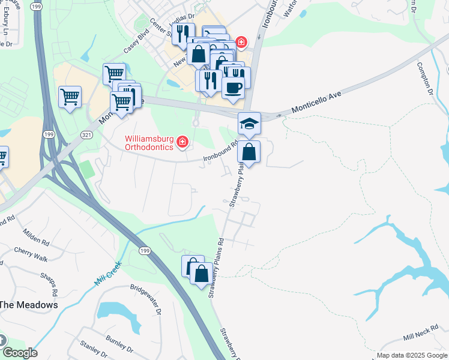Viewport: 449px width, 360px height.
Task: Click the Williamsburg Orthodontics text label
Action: [x=148, y=143]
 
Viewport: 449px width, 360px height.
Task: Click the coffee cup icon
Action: [x=233, y=88]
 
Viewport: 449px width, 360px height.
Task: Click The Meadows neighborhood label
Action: [x=29, y=305]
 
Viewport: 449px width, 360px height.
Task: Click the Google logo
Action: [x=19, y=353]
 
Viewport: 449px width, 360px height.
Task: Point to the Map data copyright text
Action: [x=412, y=356]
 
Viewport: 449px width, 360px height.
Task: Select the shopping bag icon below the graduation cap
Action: [x=249, y=152]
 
